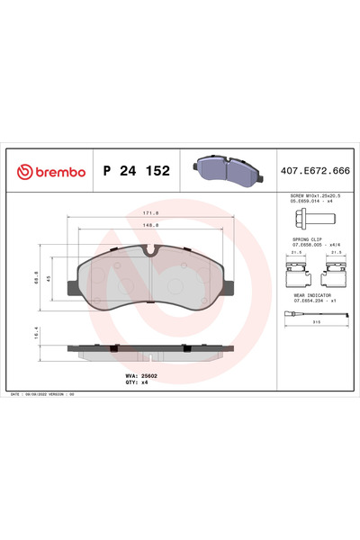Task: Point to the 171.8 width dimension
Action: [x=150, y=213]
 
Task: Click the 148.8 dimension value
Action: [x=150, y=225]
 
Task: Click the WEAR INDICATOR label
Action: [x=311, y=294]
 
